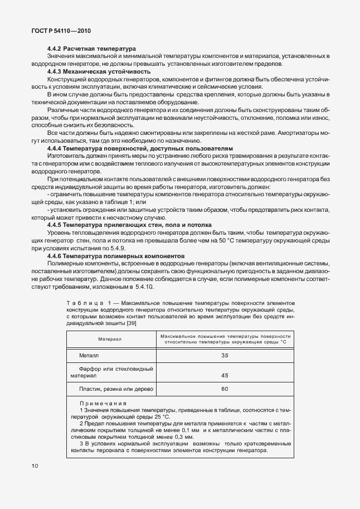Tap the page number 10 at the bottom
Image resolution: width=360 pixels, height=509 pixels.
(35, 466)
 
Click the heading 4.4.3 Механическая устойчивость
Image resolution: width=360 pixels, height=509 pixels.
(97, 71)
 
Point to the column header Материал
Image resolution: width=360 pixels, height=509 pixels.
(110, 338)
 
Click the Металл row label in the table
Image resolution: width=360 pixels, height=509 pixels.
(89, 355)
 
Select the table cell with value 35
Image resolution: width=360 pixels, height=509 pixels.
(225, 355)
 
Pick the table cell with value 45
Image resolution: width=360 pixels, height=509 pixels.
(225, 375)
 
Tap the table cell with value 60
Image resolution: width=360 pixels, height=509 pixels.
(225, 389)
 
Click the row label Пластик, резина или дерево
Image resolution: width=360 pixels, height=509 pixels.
(115, 389)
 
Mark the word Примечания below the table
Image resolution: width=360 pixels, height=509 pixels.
(103, 403)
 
